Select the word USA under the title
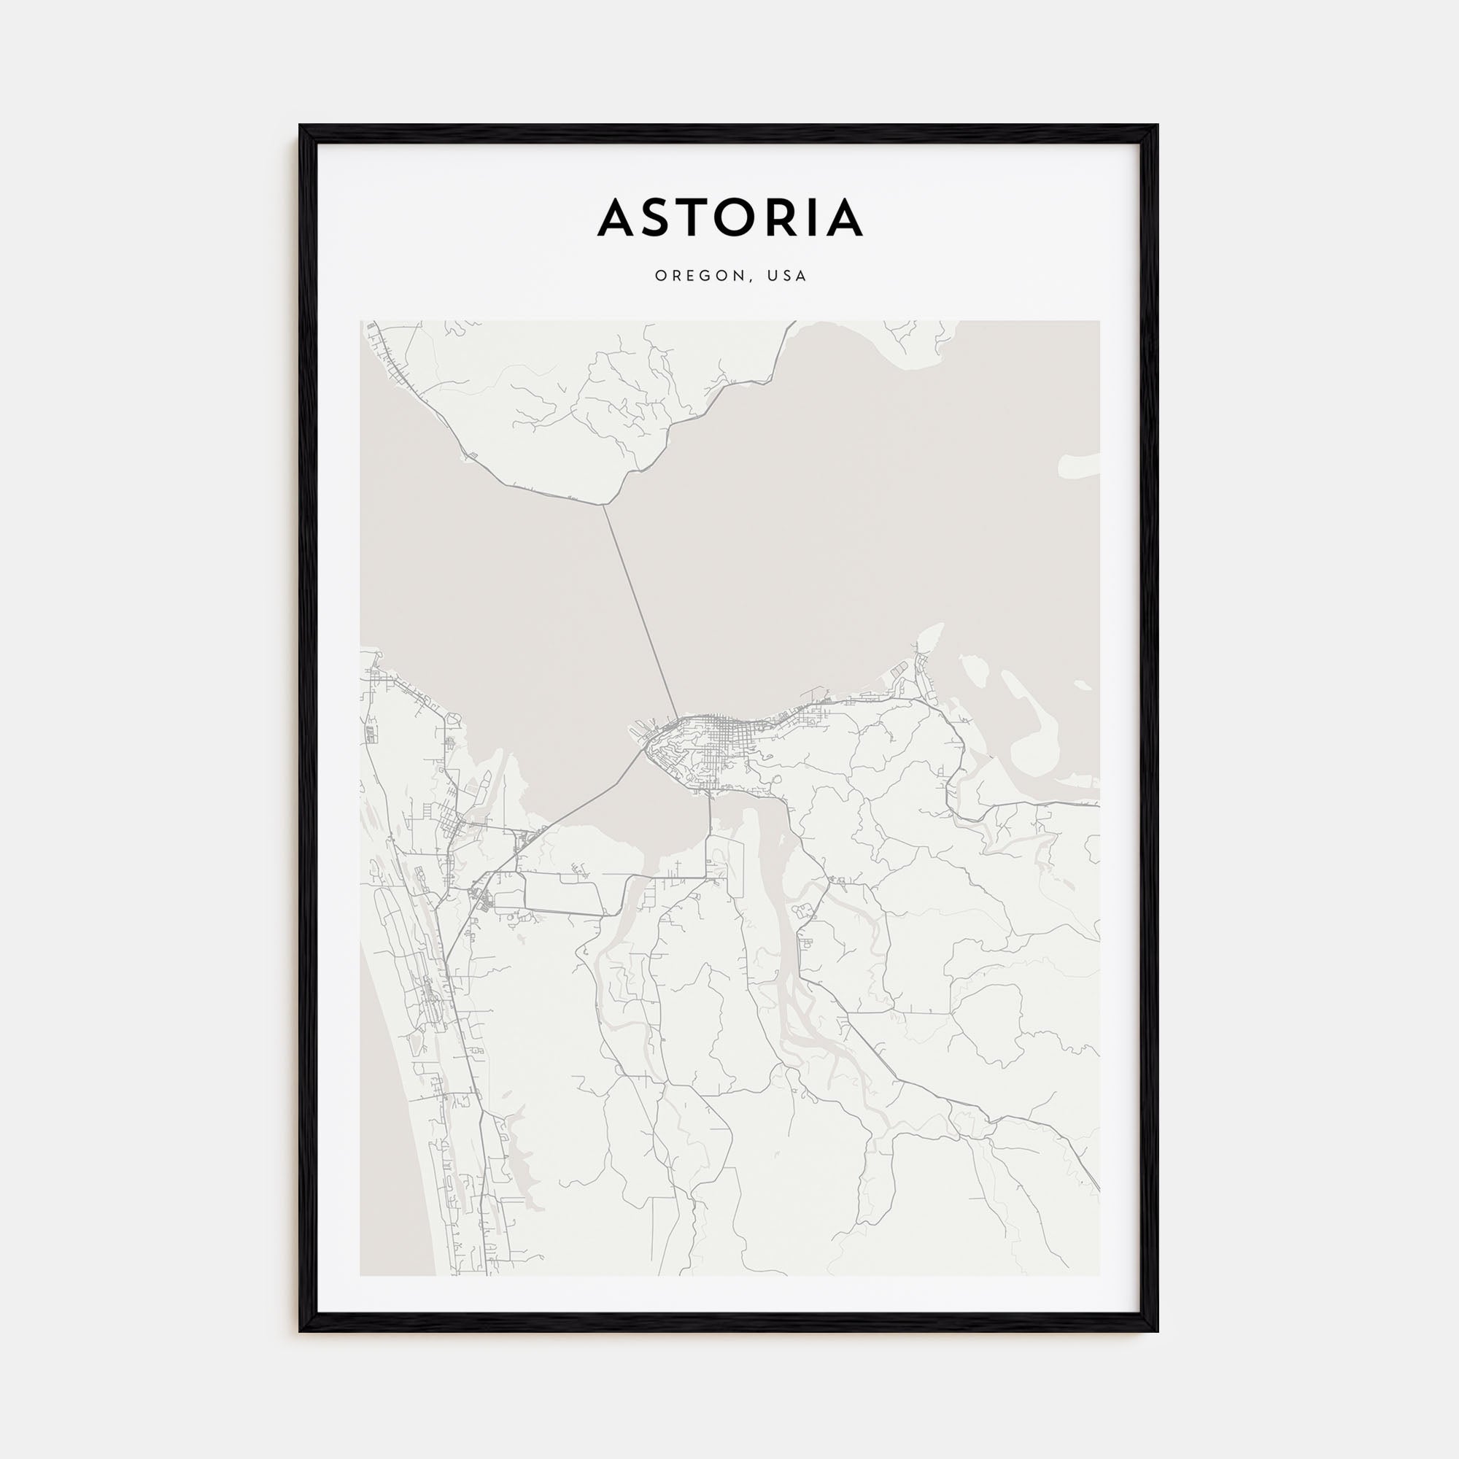tap(787, 276)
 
